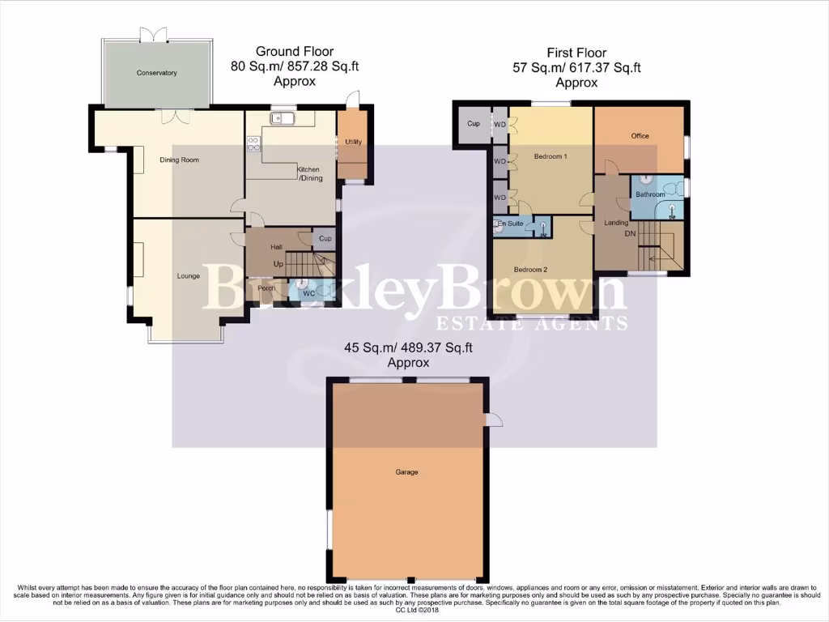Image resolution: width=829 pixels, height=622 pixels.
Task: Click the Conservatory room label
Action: click(x=156, y=74)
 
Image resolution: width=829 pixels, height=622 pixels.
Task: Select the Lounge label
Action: click(x=188, y=276)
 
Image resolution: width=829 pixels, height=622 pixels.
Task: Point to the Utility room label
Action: click(x=353, y=143)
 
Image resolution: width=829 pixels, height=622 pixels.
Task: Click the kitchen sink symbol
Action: click(x=283, y=120)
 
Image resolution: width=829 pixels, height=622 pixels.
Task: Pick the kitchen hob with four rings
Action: click(x=253, y=144)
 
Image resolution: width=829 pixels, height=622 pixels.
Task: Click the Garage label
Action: click(x=406, y=472)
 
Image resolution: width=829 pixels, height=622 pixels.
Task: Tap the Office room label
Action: click(x=640, y=136)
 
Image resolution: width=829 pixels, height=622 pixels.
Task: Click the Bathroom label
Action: click(x=650, y=195)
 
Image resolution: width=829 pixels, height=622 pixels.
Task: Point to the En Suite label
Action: click(x=511, y=223)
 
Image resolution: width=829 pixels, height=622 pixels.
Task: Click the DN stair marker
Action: click(x=630, y=233)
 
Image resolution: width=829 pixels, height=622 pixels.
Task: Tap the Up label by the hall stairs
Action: click(x=278, y=264)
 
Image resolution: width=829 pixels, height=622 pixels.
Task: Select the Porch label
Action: click(x=266, y=288)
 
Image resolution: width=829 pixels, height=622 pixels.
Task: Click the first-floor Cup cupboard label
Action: click(x=474, y=125)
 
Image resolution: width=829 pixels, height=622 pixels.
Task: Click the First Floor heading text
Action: click(x=576, y=53)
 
